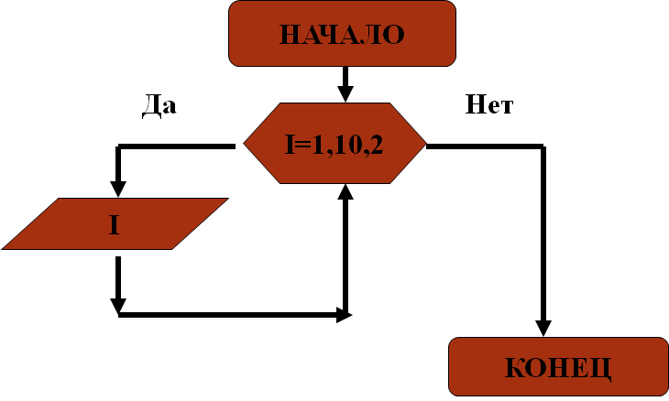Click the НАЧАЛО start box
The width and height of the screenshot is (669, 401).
tap(342, 35)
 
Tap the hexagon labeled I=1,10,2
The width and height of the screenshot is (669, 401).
tap(334, 145)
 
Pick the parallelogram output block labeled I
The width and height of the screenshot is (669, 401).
tap(115, 223)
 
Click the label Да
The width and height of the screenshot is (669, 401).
tap(159, 104)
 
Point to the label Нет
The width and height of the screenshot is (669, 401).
tap(489, 104)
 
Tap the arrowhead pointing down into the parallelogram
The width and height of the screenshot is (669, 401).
tap(118, 188)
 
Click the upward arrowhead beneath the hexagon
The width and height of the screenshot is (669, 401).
tap(345, 192)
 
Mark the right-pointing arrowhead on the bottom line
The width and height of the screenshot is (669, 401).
tap(343, 315)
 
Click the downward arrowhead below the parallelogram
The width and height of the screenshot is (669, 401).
tap(118, 304)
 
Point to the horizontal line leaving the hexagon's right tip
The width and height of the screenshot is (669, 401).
tap(486, 146)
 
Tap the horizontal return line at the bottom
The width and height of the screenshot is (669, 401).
tap(229, 315)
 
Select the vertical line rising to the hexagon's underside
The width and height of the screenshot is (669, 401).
tap(345, 256)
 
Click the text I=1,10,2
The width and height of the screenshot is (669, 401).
tap(334, 145)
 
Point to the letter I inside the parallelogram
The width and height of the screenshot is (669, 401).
tap(114, 223)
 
